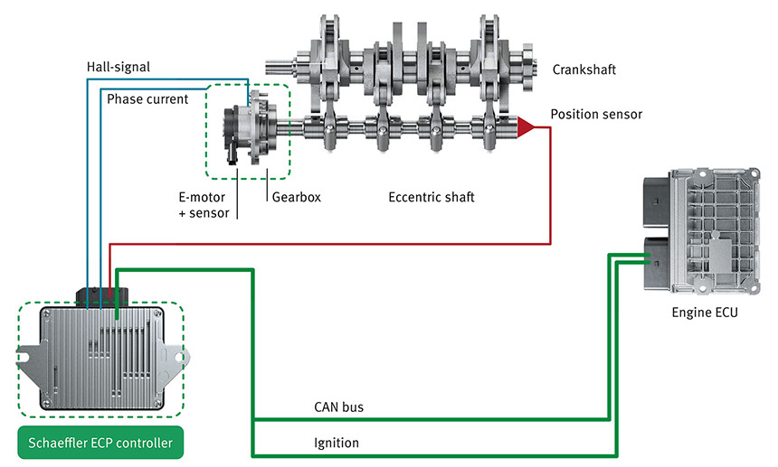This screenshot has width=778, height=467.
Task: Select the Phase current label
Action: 148,98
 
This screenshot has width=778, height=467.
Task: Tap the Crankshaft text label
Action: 583,69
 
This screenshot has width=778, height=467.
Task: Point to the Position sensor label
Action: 596,115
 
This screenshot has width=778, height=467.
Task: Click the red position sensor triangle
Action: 525,127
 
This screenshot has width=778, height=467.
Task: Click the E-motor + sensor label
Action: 204,205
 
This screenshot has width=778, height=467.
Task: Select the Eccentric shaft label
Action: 431,196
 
